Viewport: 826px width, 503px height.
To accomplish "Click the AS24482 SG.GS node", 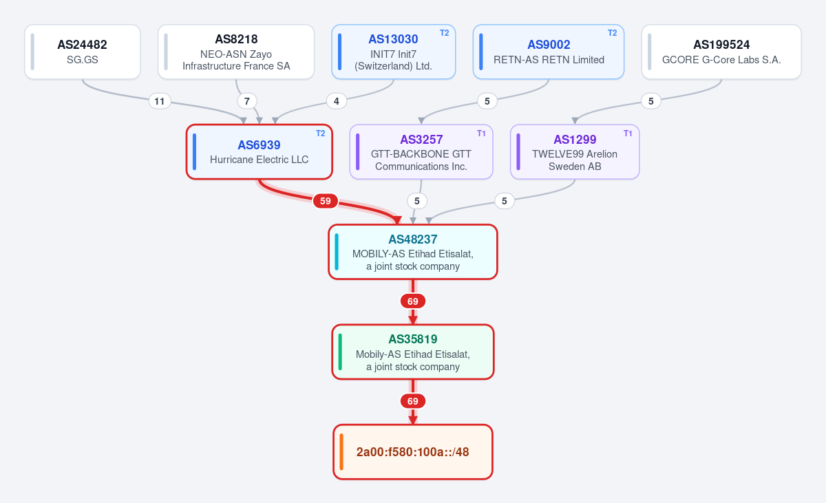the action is (x=82, y=52).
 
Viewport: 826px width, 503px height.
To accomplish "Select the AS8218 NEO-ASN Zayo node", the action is (x=236, y=52).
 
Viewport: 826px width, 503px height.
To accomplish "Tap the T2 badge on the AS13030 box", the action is (x=445, y=33).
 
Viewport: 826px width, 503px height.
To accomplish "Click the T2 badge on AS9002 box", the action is (x=612, y=33).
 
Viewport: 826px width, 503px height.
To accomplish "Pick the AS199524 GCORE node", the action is (x=721, y=52).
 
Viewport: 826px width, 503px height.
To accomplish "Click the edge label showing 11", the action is (x=159, y=101).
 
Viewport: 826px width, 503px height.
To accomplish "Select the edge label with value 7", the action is (x=246, y=101).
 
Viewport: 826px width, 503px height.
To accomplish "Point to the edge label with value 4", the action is (x=337, y=101).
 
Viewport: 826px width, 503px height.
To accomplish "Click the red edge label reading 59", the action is (x=325, y=201).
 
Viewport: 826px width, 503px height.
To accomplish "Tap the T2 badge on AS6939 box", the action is (x=321, y=133).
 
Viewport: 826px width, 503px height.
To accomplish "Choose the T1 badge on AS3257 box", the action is (x=481, y=133).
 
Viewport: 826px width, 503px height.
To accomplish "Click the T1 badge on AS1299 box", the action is (x=628, y=133).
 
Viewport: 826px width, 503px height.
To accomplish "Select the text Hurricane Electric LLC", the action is (x=260, y=160).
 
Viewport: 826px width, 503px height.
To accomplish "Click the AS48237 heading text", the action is (x=413, y=239).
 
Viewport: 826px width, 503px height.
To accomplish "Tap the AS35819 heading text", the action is (x=413, y=339).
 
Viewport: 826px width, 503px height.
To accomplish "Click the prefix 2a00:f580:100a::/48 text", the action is (x=412, y=452).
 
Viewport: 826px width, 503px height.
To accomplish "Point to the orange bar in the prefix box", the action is (x=341, y=452).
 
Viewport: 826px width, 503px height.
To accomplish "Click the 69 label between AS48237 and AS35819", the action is (x=412, y=301).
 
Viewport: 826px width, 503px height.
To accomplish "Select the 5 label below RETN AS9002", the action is (x=487, y=101).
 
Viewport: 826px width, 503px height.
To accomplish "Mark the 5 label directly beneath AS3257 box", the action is (x=416, y=201).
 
